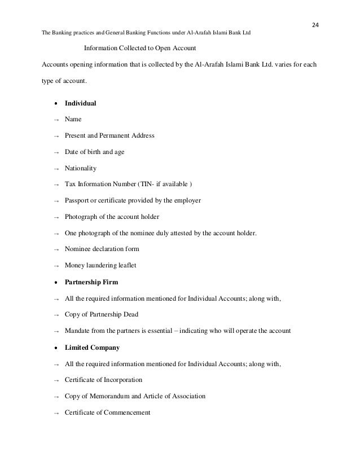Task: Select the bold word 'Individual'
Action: click(81, 104)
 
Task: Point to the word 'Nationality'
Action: click(81, 168)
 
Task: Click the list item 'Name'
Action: click(73, 120)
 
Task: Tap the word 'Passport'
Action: click(77, 200)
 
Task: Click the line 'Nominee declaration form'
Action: click(102, 249)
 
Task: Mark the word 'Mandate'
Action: click(78, 330)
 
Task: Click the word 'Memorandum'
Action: click(114, 396)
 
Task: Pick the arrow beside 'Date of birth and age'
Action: click(56, 152)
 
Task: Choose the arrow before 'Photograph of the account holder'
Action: click(56, 217)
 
